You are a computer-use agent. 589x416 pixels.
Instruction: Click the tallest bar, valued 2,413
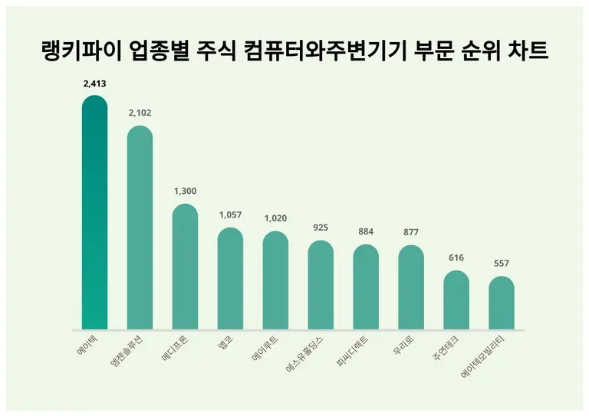(x=94, y=215)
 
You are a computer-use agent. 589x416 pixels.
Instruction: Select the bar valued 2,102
(x=140, y=230)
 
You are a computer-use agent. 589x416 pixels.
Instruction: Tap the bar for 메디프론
(x=185, y=268)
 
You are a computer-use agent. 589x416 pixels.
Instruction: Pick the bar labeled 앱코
(x=230, y=280)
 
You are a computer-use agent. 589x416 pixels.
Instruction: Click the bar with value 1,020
(x=275, y=282)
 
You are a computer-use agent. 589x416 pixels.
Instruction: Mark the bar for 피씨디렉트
(x=366, y=288)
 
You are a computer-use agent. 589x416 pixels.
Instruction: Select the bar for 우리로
(x=411, y=289)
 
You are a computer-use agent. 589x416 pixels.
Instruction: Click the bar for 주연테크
(x=456, y=301)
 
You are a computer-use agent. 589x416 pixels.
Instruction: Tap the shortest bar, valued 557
(x=502, y=304)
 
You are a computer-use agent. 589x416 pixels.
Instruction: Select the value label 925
(x=321, y=228)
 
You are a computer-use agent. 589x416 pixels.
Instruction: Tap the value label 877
(x=411, y=233)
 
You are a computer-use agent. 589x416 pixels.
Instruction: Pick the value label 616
(x=456, y=258)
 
